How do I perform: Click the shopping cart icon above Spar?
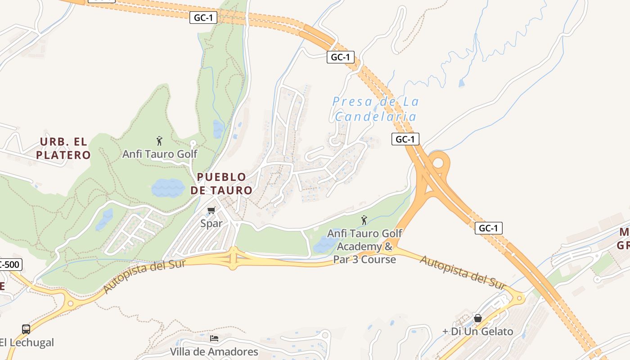(211, 211)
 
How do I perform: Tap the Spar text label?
(211, 223)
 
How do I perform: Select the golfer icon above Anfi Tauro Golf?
(159, 141)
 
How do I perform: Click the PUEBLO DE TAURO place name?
(221, 184)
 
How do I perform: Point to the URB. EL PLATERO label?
(63, 148)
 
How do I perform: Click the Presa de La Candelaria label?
(376, 109)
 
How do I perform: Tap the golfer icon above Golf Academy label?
(364, 220)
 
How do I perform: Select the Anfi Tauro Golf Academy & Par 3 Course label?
(365, 247)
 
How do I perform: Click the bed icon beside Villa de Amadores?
(214, 338)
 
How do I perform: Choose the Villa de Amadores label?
(214, 351)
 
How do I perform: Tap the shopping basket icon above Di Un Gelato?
(477, 319)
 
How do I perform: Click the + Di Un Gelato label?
(477, 332)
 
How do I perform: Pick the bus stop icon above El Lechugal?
(26, 329)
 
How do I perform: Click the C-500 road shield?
(10, 265)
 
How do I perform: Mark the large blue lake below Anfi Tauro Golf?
(167, 188)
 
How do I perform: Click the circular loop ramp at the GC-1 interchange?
(438, 162)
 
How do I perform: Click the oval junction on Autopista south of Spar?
(233, 258)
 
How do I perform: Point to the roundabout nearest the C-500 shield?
(70, 304)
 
